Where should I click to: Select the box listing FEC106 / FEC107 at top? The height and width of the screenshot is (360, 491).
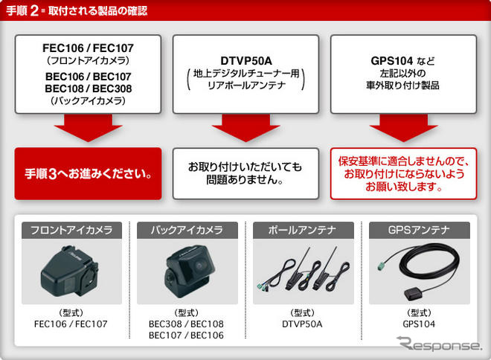pyautogui.click(x=88, y=74)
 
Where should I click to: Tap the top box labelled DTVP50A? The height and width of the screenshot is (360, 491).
pyautogui.click(x=246, y=74)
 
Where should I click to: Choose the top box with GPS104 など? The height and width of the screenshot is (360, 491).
pyautogui.click(x=404, y=74)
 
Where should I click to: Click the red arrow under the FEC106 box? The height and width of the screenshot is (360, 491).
pyautogui.click(x=88, y=129)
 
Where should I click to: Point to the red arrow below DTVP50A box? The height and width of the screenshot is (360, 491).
pyautogui.click(x=246, y=129)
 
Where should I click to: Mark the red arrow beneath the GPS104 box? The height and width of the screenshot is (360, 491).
pyautogui.click(x=404, y=129)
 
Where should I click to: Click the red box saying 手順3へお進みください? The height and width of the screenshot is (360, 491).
pyautogui.click(x=88, y=174)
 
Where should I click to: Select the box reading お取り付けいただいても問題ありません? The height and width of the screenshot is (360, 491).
pyautogui.click(x=246, y=174)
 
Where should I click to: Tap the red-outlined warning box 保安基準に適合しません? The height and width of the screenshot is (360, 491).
pyautogui.click(x=404, y=174)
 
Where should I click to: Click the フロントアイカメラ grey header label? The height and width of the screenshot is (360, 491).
pyautogui.click(x=71, y=229)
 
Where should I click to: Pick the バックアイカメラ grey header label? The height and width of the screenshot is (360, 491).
pyautogui.click(x=187, y=229)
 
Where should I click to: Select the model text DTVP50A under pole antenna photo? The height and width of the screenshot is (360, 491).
pyautogui.click(x=302, y=324)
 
